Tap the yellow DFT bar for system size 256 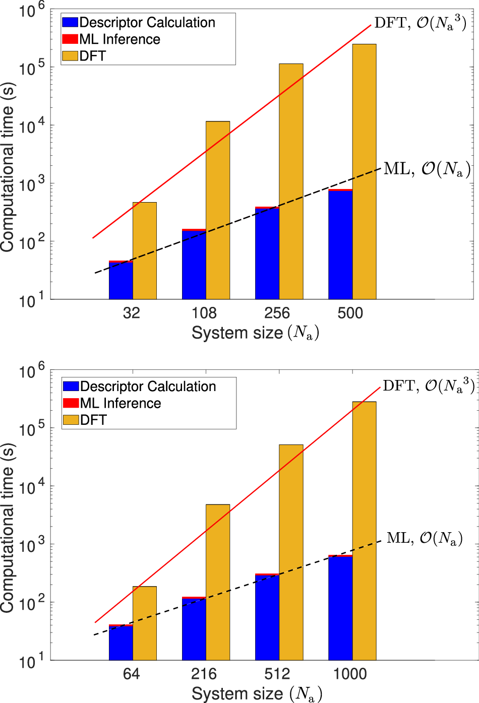click(291, 181)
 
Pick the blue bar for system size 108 click(194, 265)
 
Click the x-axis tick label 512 click(277, 674)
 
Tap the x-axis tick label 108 click(204, 313)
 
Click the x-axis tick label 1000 click(350, 674)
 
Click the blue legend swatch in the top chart click(70, 23)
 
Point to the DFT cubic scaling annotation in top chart click(420, 23)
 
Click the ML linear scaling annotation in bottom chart click(425, 538)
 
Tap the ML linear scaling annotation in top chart click(427, 169)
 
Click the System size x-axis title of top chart click(255, 333)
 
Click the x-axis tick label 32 click(131, 313)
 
